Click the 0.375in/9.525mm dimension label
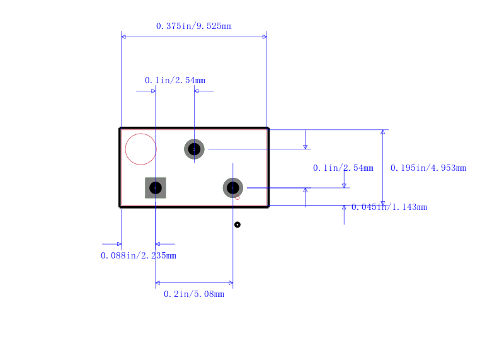tap(193, 26)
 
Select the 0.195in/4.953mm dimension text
tap(428, 168)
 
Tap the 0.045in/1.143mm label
tap(389, 207)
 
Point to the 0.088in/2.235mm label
tap(138, 255)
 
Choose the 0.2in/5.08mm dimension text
tap(193, 294)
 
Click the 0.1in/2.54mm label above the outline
tap(175, 80)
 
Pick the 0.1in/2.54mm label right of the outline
tap(343, 168)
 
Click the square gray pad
tap(156, 188)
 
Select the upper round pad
tap(194, 149)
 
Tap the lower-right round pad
tap(232, 188)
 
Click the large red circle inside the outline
tap(140, 149)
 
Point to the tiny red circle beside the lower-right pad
tap(238, 197)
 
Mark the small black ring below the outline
tap(238, 224)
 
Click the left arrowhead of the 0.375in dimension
tap(123, 37)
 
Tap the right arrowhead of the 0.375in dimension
tap(265, 37)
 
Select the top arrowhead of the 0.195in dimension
tap(382, 132)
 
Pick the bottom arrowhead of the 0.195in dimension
tap(382, 203)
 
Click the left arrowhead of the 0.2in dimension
tap(157, 283)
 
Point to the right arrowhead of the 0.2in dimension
tap(231, 283)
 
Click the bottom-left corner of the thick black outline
tap(120, 206)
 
